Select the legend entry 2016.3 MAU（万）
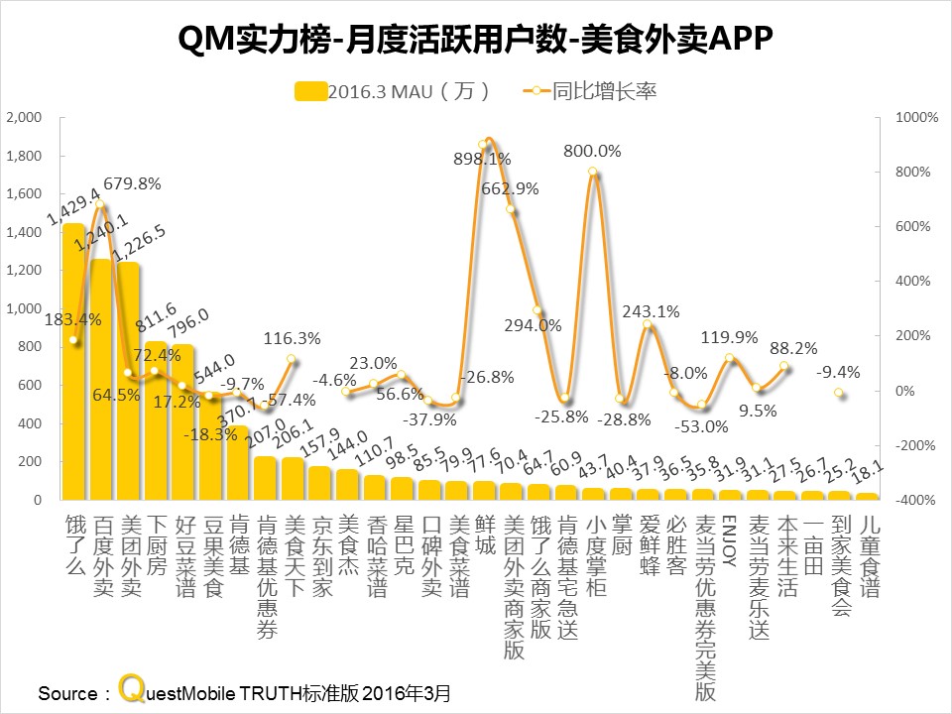393,91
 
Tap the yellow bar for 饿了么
73,362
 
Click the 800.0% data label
592,152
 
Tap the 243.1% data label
651,311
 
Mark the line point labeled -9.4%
839,394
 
